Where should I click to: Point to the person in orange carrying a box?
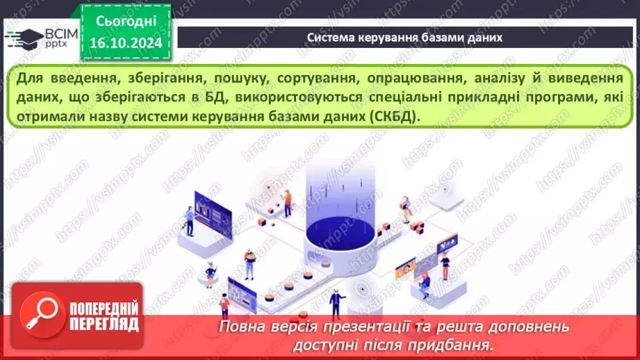point(286,198)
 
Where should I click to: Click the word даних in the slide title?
point(484,37)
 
